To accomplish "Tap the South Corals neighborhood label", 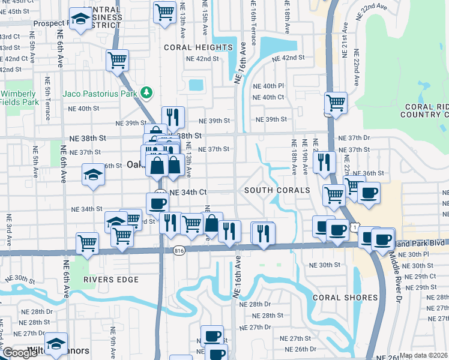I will pyautogui.click(x=277, y=190).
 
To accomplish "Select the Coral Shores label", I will pyautogui.click(x=345, y=298).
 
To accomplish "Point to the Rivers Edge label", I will pyautogui.click(x=111, y=280).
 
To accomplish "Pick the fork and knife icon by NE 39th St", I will pyautogui.click(x=172, y=116).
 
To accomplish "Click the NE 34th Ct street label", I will pyautogui.click(x=188, y=193).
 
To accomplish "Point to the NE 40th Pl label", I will pyautogui.click(x=268, y=86).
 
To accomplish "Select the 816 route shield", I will pyautogui.click(x=178, y=250).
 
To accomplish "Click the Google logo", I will pyautogui.click(x=20, y=353).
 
